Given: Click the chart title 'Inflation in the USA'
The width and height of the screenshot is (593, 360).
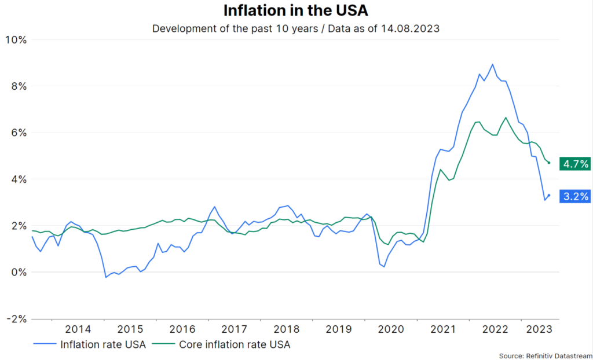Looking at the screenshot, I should tap(295, 10).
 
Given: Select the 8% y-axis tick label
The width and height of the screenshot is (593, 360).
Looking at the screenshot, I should tap(18, 86).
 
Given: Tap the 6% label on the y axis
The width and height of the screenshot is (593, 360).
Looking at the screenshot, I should tap(18, 133).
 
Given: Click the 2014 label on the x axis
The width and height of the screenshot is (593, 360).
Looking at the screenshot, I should tap(78, 329).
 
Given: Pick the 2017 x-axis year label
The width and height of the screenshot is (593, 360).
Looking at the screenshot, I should tap(235, 329).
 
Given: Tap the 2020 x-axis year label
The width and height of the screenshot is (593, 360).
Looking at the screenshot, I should tap(391, 329).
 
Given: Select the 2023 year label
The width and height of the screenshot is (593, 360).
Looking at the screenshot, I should tap(538, 329).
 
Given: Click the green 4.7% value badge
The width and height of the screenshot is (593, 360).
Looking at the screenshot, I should tap(574, 164).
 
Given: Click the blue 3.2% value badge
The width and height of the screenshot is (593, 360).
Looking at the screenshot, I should tap(575, 196).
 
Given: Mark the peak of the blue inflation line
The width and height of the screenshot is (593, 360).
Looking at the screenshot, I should tap(492, 64).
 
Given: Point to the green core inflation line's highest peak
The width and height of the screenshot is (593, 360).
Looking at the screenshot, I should tap(506, 117).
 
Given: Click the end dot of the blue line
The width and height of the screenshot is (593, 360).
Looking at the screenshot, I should tap(548, 195).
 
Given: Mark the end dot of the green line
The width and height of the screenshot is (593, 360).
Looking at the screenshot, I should tap(548, 163).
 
